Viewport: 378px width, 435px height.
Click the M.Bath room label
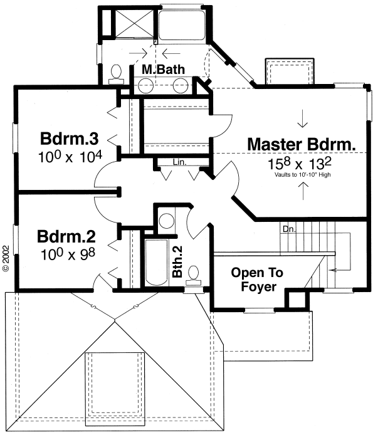[163, 70]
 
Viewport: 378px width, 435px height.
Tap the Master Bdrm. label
[302, 144]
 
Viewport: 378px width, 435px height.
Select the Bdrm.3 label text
[69, 139]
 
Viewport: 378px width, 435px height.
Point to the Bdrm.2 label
[66, 236]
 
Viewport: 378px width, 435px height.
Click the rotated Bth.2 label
[177, 261]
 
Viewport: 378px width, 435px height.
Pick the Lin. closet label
[179, 162]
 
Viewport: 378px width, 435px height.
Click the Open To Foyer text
[257, 280]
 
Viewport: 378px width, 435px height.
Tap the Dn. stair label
[289, 229]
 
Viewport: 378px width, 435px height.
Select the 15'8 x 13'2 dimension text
[300, 164]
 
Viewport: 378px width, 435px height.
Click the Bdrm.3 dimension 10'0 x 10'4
[70, 157]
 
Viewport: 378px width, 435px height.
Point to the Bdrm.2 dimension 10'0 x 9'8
[68, 254]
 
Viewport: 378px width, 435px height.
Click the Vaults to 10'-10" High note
[303, 175]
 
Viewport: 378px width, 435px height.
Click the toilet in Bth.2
[194, 276]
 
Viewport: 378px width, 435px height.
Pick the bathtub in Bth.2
[157, 263]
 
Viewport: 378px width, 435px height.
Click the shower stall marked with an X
[134, 23]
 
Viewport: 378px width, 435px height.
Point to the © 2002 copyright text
[6, 258]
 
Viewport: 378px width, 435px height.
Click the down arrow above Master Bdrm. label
[303, 118]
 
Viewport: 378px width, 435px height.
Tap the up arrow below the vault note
[303, 191]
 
